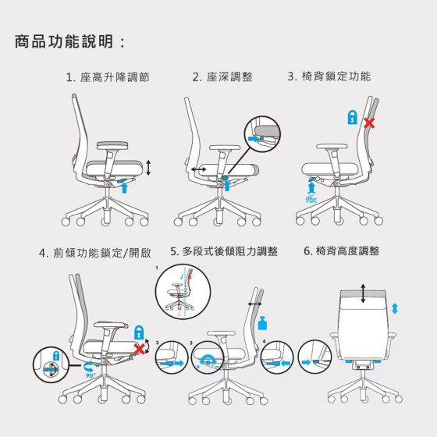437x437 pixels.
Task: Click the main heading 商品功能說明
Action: pyautogui.click(x=64, y=41)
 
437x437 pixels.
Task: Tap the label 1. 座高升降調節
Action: pyautogui.click(x=108, y=77)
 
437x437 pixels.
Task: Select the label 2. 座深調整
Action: pyautogui.click(x=222, y=77)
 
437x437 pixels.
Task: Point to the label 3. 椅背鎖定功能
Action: pyautogui.click(x=329, y=76)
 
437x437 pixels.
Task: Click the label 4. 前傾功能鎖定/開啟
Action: pyautogui.click(x=95, y=253)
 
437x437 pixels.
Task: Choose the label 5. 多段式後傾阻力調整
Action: pyautogui.click(x=224, y=251)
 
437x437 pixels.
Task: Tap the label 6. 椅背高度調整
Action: pyautogui.click(x=342, y=250)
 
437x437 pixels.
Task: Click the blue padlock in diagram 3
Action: pyautogui.click(x=352, y=117)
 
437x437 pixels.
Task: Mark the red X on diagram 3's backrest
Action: pyautogui.click(x=369, y=123)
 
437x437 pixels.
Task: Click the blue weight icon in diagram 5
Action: pyautogui.click(x=262, y=323)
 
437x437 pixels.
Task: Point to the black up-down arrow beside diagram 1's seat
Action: pyautogui.click(x=148, y=168)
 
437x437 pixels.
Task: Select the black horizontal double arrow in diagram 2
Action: pyautogui.click(x=199, y=169)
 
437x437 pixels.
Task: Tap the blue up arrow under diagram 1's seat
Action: pyautogui.click(x=124, y=187)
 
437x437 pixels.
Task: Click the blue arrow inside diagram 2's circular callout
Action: pyautogui.click(x=254, y=139)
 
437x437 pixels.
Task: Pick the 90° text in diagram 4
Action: pyautogui.click(x=91, y=375)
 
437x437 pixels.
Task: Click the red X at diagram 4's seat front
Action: pyautogui.click(x=140, y=349)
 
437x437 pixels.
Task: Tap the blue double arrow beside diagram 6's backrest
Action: pyautogui.click(x=395, y=308)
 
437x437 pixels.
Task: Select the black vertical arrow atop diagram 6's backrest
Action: pyautogui.click(x=363, y=293)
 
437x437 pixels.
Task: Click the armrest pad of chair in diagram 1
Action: pyautogui.click(x=112, y=145)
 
